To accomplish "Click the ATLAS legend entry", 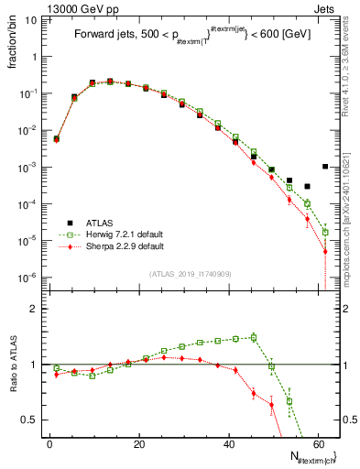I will (x=101, y=223).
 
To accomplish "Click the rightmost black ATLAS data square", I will (x=325, y=166).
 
